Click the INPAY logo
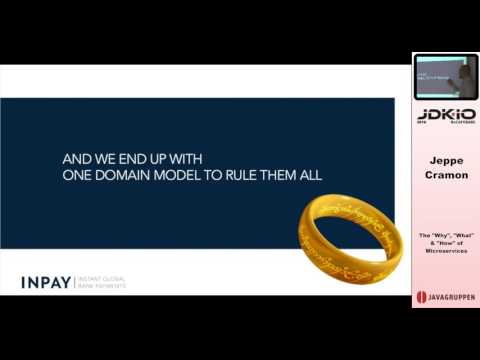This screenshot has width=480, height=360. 46,282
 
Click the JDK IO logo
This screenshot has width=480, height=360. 445,116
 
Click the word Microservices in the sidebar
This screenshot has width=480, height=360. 446,250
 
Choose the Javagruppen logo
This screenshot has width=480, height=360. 445,297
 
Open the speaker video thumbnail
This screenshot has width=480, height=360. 445,76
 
